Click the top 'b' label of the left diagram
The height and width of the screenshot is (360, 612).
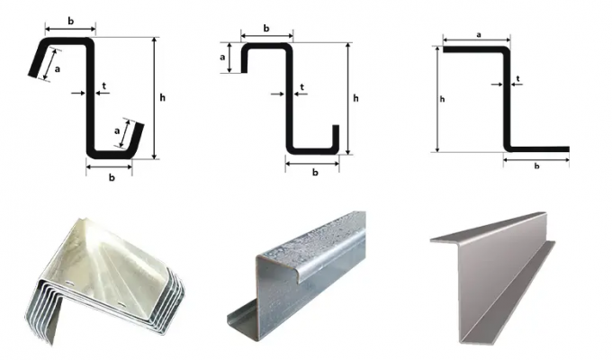coord(70,21)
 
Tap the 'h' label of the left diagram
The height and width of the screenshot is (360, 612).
coord(162,97)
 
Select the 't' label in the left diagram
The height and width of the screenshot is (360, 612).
coord(103,85)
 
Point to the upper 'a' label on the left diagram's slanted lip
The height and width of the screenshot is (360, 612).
coord(58,69)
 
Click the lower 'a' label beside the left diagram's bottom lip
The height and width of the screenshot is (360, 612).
coord(117,131)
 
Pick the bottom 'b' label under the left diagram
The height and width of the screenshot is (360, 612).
coord(112,177)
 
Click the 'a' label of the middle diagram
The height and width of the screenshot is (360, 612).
coord(222,58)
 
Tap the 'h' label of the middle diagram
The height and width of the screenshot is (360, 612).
coord(355,98)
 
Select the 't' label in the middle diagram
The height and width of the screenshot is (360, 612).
coord(302,87)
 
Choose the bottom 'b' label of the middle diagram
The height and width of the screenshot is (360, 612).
coord(315,172)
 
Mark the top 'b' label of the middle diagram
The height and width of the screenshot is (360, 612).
coord(266,28)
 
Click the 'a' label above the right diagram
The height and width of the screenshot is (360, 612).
coord(479,35)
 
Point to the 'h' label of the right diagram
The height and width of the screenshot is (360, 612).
coord(442,99)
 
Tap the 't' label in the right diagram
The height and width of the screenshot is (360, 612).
coord(517,79)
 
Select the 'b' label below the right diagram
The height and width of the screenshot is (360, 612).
coord(536,166)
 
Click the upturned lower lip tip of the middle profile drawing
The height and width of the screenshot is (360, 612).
coord(336,126)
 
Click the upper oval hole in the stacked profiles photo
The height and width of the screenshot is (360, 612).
coord(69,283)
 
